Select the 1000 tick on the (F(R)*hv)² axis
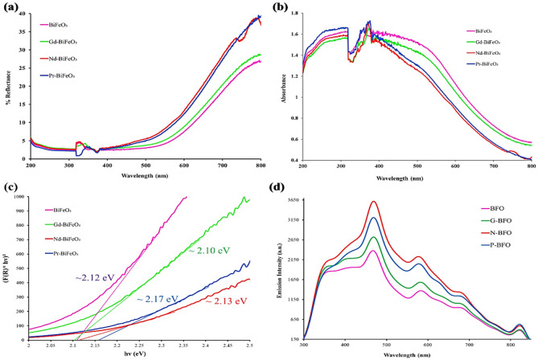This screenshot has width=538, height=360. pyautogui.click(x=18, y=197)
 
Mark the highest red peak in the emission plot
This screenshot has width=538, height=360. pyautogui.click(x=374, y=202)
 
